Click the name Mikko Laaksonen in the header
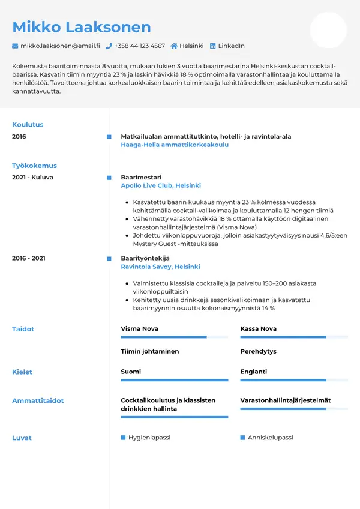coord(82,27)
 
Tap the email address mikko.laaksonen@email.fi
coord(60,46)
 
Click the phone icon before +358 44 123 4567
coord(109,46)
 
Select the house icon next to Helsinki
coord(174,46)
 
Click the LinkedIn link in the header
coord(230,46)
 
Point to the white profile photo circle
coord(328,30)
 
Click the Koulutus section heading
coord(28,125)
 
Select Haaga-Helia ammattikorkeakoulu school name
coord(175,145)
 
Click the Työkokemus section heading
coord(34,166)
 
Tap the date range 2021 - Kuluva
coord(32,178)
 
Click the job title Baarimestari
coord(141,178)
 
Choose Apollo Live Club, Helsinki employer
coord(161,186)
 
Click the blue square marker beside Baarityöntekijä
coord(109,258)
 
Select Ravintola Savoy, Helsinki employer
coord(160,267)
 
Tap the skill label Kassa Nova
coord(258,329)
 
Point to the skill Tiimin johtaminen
coord(150,351)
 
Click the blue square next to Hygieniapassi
coord(123,438)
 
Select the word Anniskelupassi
coord(270,438)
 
